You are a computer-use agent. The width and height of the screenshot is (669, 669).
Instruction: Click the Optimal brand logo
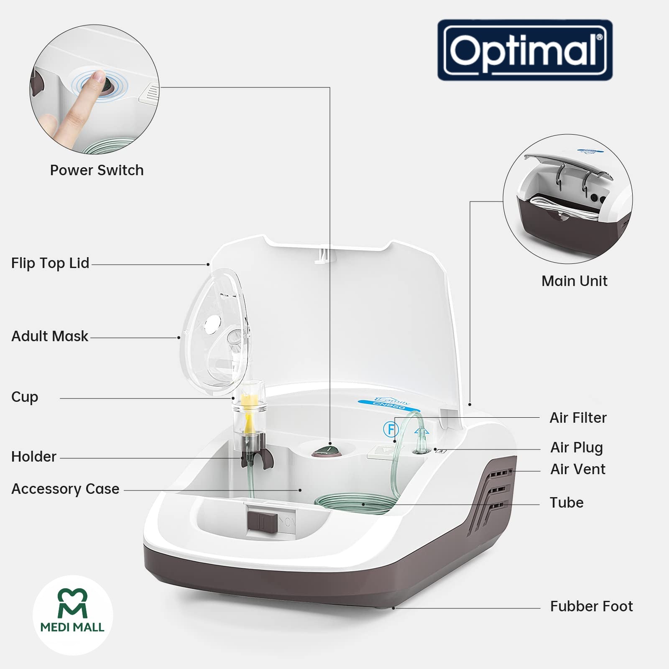(x=525, y=50)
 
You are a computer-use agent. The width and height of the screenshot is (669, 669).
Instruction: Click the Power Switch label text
(x=97, y=170)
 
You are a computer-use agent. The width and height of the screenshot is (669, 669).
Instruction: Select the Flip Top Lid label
(x=50, y=263)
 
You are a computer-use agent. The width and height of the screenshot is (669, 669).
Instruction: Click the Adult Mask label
(x=50, y=336)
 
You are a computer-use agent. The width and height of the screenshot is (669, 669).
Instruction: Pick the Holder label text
(x=34, y=457)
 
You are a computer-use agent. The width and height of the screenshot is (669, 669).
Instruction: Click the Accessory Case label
(x=65, y=489)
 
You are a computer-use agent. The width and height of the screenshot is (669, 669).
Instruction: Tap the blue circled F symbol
(x=390, y=429)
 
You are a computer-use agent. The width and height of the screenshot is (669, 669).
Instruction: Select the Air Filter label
(x=578, y=418)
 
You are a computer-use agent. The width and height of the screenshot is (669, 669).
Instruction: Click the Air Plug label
(x=577, y=447)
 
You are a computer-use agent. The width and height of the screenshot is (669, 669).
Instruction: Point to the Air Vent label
(x=578, y=469)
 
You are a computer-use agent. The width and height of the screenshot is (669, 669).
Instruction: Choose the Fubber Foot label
(x=591, y=606)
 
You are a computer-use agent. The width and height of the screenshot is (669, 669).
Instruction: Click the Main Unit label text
(x=574, y=281)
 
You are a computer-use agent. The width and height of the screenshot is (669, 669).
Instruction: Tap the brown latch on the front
(x=263, y=521)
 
